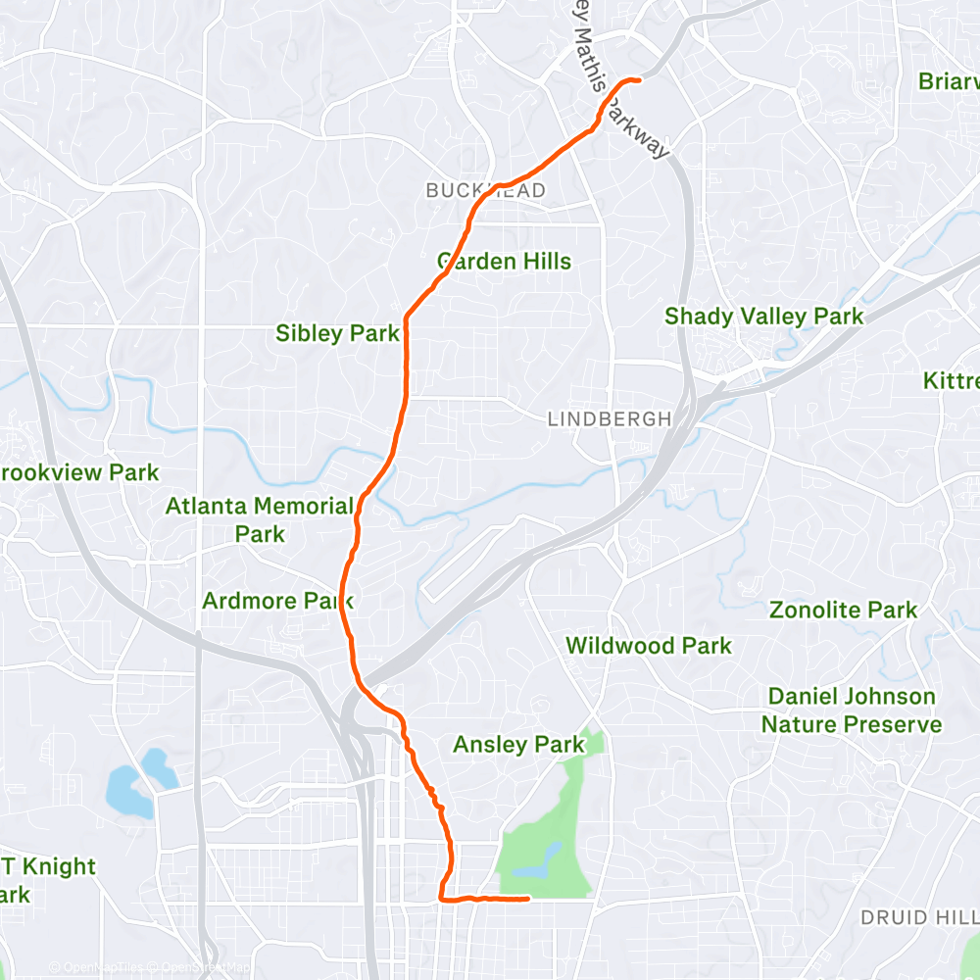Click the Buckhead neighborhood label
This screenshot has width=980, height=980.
486,191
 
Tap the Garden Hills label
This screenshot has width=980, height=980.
504,262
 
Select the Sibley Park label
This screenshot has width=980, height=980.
337,333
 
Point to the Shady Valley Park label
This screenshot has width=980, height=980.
764,317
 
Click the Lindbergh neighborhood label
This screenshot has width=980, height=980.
610,419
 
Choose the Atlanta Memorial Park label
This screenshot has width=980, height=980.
260,519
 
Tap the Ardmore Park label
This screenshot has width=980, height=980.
277,600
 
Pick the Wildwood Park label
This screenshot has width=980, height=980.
649,646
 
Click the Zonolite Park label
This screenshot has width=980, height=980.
844,610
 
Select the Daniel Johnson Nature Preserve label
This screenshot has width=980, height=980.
852,710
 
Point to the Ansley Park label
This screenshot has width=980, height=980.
518,745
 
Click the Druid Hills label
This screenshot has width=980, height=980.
919,918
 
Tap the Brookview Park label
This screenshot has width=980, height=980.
78,472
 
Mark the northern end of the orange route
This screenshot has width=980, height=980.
639,79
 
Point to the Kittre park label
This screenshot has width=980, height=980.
951,380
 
